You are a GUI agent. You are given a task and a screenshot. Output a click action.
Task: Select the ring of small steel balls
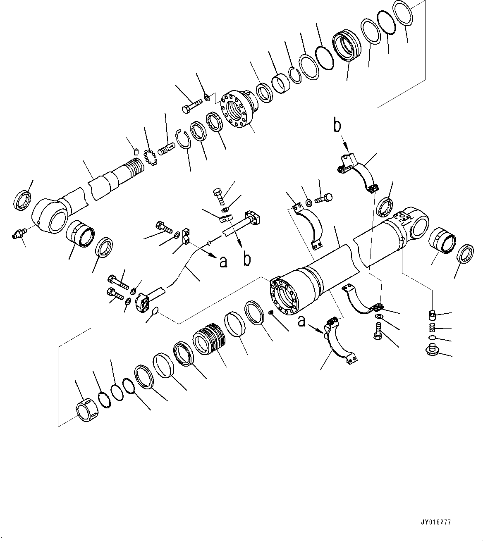(151, 158)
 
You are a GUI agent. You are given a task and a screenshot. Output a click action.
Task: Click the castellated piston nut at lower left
(87, 410)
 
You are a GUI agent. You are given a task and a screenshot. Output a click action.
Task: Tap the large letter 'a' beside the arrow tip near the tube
(223, 261)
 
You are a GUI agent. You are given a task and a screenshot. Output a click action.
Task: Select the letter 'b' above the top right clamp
(338, 126)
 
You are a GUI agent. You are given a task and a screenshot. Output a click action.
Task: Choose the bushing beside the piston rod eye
(80, 233)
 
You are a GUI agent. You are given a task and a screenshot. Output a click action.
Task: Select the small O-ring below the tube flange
(153, 311)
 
